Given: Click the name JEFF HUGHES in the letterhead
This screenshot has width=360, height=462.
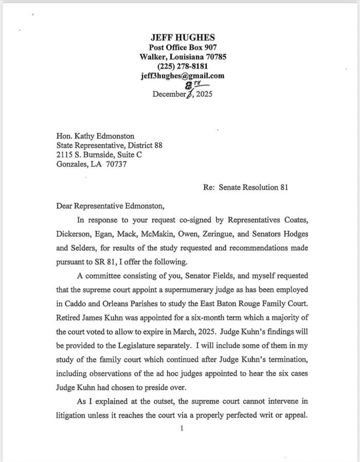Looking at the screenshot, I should point(183,38).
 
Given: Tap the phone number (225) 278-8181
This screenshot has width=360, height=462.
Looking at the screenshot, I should point(183,66).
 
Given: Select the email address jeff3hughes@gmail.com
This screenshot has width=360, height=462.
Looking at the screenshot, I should point(183,76).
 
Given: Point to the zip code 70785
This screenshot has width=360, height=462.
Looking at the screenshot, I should point(214,57).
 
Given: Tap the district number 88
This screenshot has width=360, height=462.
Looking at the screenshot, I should point(157,146).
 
